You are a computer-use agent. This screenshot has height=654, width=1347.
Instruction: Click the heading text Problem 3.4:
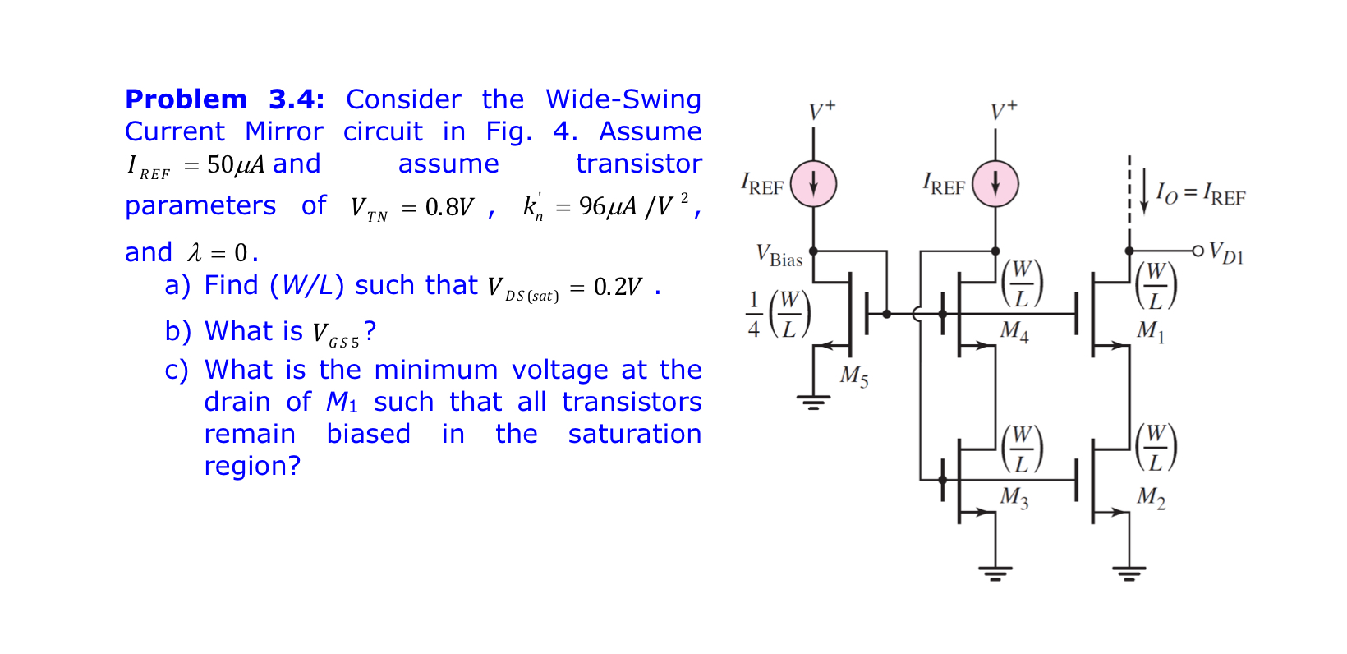click(x=224, y=99)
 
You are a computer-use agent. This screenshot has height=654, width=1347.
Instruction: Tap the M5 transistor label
click(x=853, y=376)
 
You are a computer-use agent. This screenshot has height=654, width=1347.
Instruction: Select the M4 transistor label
click(x=1014, y=331)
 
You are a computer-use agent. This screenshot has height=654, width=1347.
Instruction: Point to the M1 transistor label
click(x=1150, y=331)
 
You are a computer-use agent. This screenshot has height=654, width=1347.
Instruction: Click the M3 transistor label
click(x=1014, y=497)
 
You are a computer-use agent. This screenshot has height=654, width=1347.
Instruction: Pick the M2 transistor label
click(x=1151, y=497)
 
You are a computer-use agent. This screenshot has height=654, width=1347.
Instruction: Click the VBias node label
click(x=779, y=256)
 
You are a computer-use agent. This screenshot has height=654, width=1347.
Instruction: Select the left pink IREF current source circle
click(x=813, y=184)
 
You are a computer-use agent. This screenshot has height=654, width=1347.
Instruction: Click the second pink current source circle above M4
click(x=995, y=184)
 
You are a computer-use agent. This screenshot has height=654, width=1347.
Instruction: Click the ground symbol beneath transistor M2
click(x=1129, y=573)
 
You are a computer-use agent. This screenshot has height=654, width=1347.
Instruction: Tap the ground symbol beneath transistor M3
click(x=995, y=573)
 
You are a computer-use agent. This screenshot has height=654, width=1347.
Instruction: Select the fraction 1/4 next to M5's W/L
click(x=753, y=315)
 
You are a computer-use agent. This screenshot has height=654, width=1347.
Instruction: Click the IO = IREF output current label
click(x=1201, y=194)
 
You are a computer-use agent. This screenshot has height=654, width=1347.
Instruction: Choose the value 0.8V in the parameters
click(x=449, y=207)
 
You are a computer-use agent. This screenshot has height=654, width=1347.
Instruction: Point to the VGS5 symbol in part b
click(x=336, y=334)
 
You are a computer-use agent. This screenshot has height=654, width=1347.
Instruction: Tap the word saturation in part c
click(x=634, y=434)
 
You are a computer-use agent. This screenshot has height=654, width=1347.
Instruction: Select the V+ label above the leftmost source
click(x=821, y=110)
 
